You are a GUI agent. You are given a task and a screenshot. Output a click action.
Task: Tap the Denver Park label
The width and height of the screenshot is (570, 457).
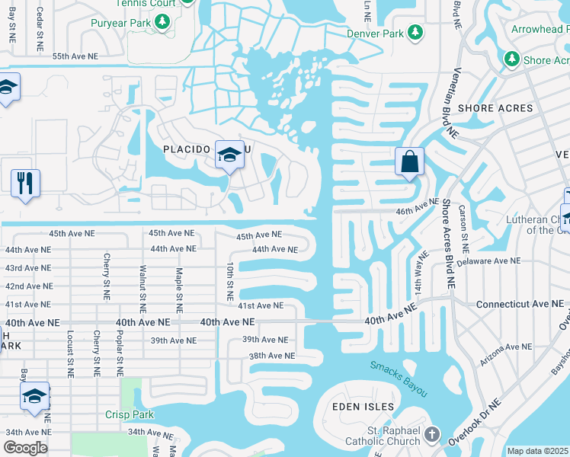coord(374,34)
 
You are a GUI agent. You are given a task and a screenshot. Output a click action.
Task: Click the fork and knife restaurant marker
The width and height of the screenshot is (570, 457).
coord(25,184)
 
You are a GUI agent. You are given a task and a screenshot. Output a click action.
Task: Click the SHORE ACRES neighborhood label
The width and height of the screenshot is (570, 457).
coord(495,108)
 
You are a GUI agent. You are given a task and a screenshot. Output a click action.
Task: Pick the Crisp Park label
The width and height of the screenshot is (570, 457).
coord(130,415)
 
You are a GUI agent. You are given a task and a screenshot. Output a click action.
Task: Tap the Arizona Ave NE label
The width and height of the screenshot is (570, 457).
coord(505,347)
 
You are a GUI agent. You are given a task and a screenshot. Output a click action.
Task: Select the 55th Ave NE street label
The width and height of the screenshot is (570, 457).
coord(75,57)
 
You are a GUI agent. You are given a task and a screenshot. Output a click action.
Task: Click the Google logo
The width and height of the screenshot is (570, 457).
coord(25,447)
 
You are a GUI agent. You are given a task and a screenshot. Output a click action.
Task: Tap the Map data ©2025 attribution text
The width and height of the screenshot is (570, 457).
coord(537,451)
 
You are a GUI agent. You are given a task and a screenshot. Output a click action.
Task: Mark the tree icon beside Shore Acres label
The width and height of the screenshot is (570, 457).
coord(511,59)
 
